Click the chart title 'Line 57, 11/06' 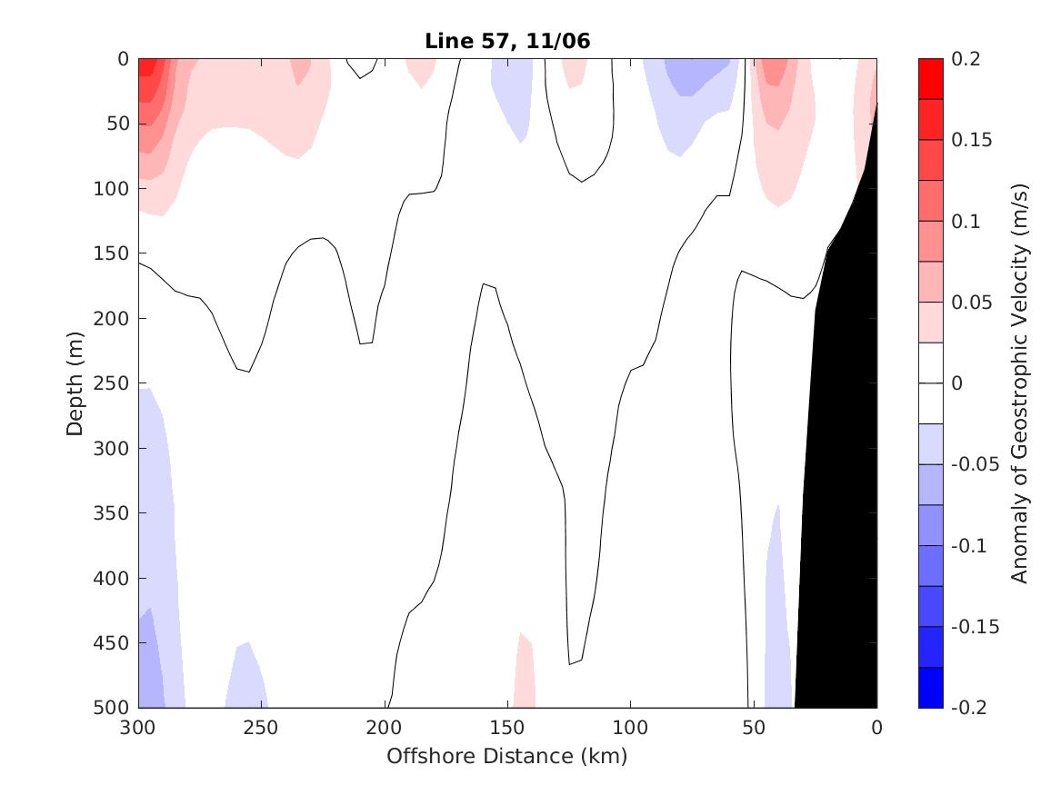click(506, 41)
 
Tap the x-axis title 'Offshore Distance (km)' click(506, 756)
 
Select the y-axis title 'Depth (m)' click(75, 383)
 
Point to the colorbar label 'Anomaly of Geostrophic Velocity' click(1019, 383)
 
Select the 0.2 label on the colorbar click(966, 59)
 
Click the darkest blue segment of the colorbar click(931, 687)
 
